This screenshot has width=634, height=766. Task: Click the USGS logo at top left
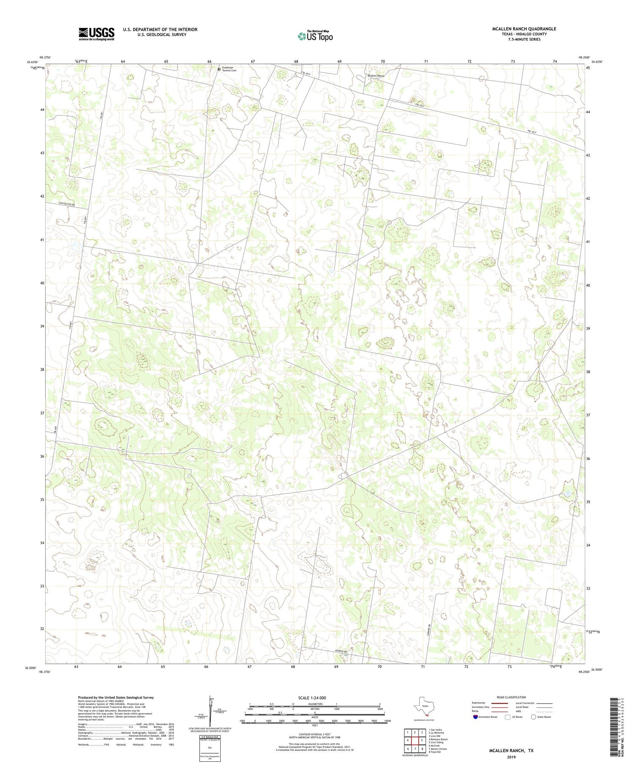coord(96,34)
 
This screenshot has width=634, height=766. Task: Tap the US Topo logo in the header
coord(314,36)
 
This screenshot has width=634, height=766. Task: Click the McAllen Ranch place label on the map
coord(376,76)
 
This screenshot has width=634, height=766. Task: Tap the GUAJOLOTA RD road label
coord(66,204)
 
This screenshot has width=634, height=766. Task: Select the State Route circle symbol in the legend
coord(534,717)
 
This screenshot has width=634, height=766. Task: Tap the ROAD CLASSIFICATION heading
coord(511,697)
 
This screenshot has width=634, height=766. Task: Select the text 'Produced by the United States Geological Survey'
coord(115,698)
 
